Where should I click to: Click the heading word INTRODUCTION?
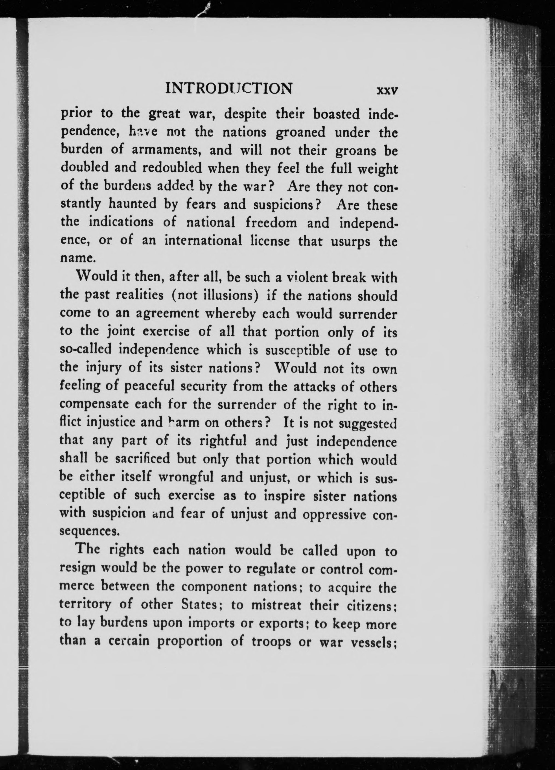coord(228,89)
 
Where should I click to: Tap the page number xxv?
coord(387,91)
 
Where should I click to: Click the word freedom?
coord(271,223)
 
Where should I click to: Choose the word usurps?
coord(351,242)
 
